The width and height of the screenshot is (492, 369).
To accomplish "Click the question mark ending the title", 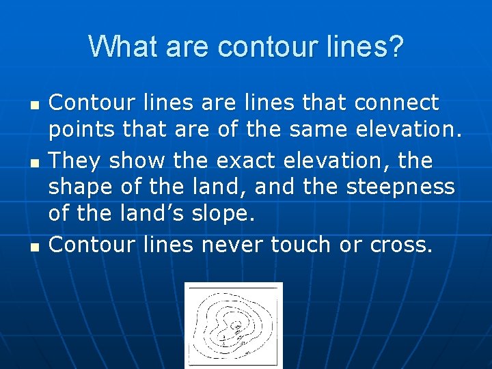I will [396, 47].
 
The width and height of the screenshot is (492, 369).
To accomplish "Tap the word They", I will [75, 161].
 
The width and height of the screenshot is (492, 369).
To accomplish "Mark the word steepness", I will [400, 187].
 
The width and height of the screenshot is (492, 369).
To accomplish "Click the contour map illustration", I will [233, 325].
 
